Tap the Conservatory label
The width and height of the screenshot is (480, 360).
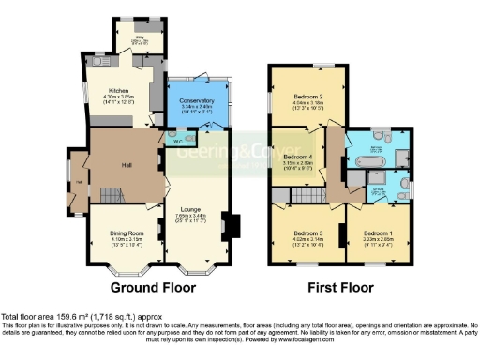tap(197, 100)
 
